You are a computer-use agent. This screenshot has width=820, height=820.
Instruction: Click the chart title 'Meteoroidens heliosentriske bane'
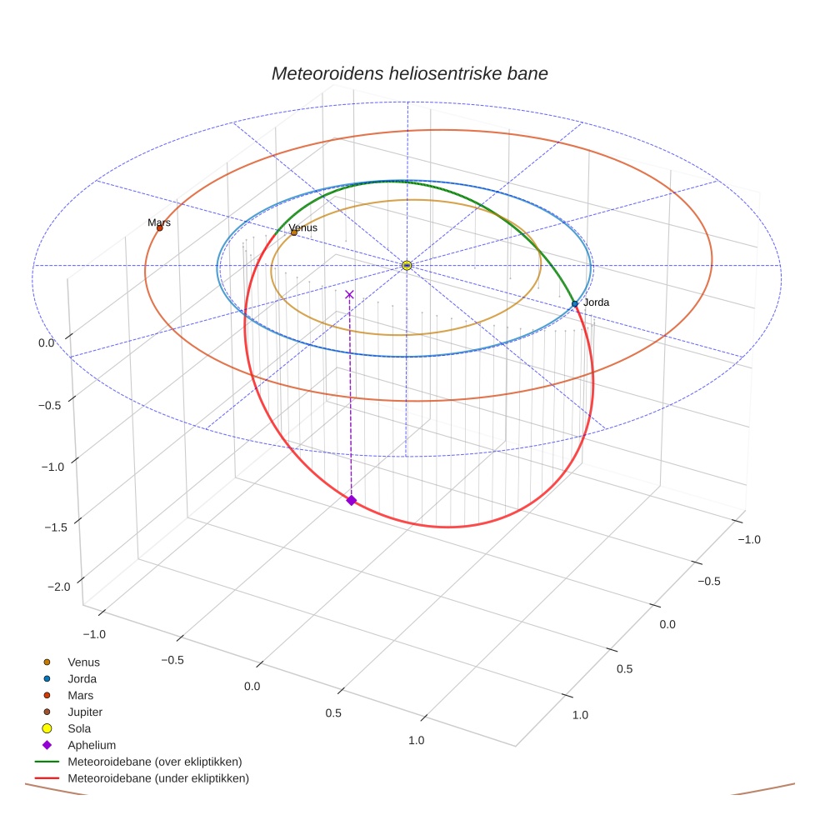pos(409,73)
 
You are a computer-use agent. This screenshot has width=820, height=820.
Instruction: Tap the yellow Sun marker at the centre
pos(407,265)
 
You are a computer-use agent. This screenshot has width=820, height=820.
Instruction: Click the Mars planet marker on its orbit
pos(160,227)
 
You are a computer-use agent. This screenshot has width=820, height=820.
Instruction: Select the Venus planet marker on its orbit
pos(294,232)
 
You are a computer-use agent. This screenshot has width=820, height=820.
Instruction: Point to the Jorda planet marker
pos(575,304)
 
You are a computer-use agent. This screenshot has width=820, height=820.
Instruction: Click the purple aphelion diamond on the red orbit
pos(352,500)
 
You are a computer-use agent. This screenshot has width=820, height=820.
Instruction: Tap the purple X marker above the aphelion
pos(349,294)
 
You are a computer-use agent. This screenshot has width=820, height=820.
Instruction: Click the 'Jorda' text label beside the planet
pos(596,302)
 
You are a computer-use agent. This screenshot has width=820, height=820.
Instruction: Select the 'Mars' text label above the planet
pos(159,222)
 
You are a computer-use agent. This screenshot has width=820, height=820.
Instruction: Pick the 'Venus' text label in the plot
pos(303,227)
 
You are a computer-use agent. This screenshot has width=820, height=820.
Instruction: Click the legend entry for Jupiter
pos(85,712)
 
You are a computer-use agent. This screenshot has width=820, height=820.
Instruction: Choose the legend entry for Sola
pos(79,728)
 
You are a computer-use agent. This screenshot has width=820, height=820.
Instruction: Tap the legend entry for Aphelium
pos(91,745)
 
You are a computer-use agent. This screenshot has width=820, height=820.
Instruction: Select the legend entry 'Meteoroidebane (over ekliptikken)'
pos(154,762)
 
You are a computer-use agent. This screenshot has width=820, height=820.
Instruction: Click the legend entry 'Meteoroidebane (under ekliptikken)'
pos(157,778)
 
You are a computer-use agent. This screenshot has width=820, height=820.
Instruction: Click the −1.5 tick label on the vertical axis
pos(57,527)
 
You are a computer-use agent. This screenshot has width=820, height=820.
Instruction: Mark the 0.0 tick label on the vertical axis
pos(47,342)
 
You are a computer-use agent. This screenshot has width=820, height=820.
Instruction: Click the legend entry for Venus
pos(83,662)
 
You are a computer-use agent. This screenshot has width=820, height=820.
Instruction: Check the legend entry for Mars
pos(80,695)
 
